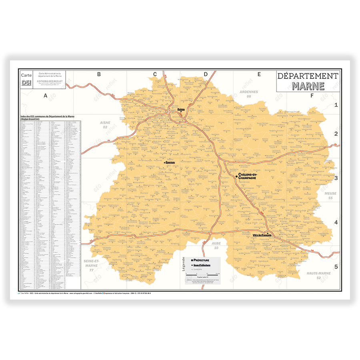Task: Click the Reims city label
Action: (181, 109)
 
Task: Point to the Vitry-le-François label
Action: (262, 235)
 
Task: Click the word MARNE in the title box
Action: (308, 86)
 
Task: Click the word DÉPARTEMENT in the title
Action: (308, 76)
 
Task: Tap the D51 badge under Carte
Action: (26, 83)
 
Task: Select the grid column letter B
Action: (99, 74)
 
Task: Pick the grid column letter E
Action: (259, 74)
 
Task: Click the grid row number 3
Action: (336, 178)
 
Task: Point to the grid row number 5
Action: (336, 267)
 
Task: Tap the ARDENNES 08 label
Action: (249, 94)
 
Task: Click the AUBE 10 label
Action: (216, 245)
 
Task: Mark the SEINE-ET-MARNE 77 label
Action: (91, 265)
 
